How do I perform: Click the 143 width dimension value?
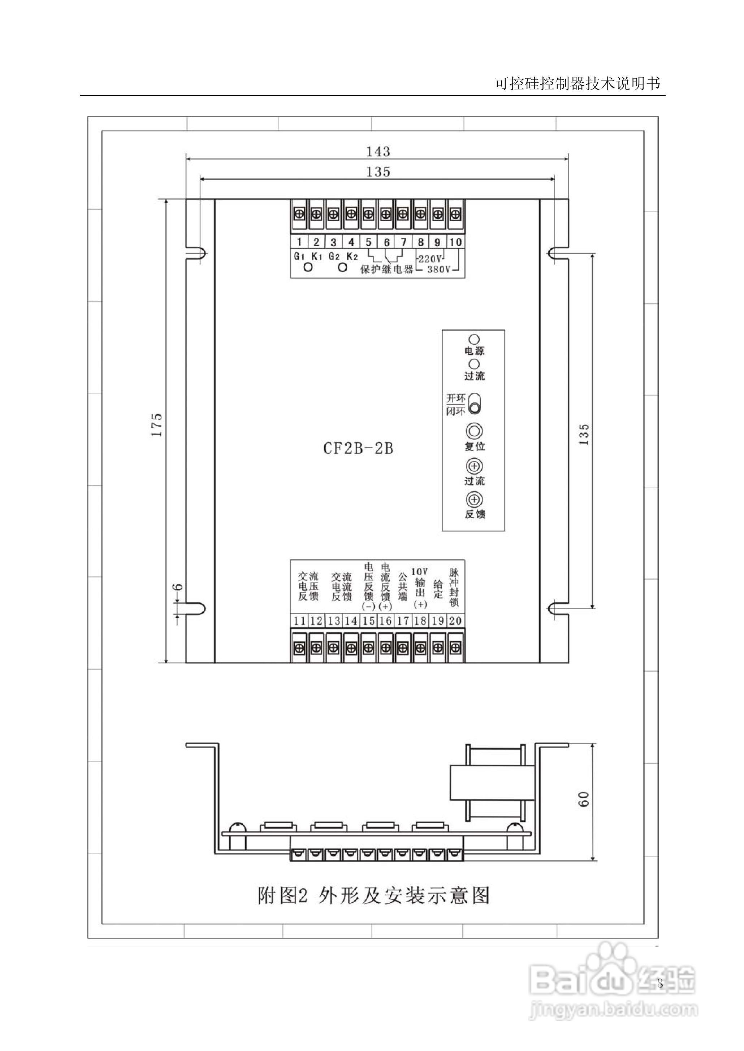tap(378, 152)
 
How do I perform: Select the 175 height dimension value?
tap(157, 425)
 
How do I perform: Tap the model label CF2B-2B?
tap(358, 448)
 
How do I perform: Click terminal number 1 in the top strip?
tap(299, 242)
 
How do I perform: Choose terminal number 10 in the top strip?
tap(455, 242)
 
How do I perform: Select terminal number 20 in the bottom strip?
tap(455, 621)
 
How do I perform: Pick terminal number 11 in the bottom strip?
tap(300, 621)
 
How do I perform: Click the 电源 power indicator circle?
tap(474, 340)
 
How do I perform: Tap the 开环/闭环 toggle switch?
tap(475, 403)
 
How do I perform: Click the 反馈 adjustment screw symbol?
tap(475, 500)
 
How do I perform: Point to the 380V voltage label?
tap(439, 269)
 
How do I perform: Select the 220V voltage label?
tap(430, 259)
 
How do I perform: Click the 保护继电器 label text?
tap(387, 270)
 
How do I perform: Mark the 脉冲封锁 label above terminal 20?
tap(454, 588)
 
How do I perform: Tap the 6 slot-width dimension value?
tap(179, 587)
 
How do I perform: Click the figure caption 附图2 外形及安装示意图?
tap(373, 896)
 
